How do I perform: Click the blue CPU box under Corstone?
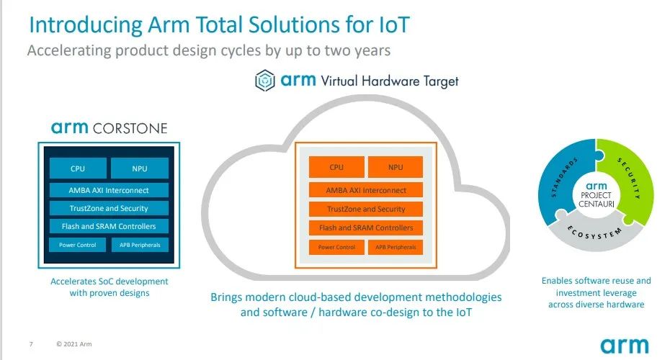[x=78, y=168]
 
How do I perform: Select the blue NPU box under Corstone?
[x=140, y=168]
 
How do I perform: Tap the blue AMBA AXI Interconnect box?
[x=109, y=191]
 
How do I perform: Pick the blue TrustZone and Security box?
[x=109, y=208]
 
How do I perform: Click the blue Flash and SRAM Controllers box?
[x=109, y=226]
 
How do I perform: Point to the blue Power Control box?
[x=77, y=245]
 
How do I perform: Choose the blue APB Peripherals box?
[x=140, y=245]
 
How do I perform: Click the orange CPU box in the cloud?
[x=336, y=167]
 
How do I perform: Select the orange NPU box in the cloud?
[x=396, y=167]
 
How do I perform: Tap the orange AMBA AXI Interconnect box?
[x=366, y=190]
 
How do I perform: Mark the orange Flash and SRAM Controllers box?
[x=366, y=228]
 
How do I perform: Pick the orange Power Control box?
[x=336, y=247]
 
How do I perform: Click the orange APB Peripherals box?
[x=396, y=247]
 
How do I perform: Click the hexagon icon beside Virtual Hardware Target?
[x=265, y=81]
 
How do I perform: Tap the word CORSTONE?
[x=130, y=129]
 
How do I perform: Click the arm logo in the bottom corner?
[x=625, y=346]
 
